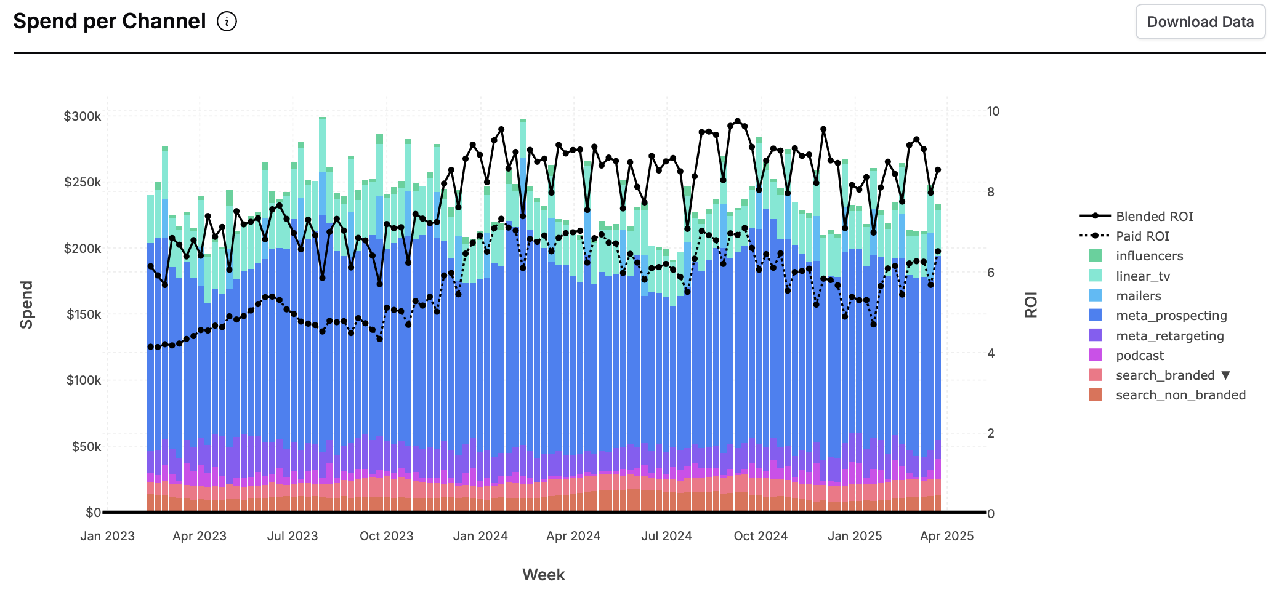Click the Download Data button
(1200, 22)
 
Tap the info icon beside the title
(227, 22)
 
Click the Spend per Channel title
(110, 22)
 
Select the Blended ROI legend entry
(1154, 216)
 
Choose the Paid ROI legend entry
(1142, 236)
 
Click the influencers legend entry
(1149, 256)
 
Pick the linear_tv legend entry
(1142, 276)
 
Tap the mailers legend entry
(1138, 296)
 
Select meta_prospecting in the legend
(1171, 316)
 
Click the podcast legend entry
(1139, 356)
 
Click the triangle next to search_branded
(1225, 375)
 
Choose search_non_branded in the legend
(1180, 395)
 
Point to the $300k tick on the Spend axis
(83, 116)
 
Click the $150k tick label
(83, 314)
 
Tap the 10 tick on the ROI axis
(993, 111)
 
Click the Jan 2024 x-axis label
(480, 536)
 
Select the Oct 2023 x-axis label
(386, 536)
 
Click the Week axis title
(543, 575)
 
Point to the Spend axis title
(26, 305)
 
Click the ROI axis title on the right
(1031, 305)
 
